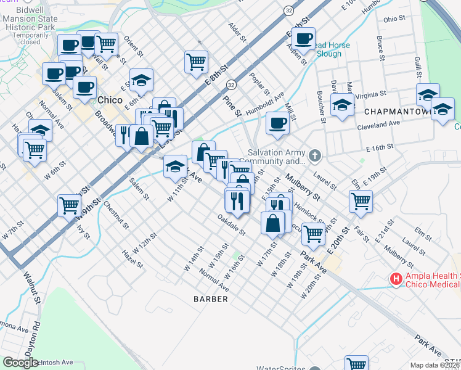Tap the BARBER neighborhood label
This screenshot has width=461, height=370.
211,299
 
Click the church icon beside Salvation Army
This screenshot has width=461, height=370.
315,155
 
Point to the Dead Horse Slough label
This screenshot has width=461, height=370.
329,49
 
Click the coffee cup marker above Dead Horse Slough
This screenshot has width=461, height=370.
303,39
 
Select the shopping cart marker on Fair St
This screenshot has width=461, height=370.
361,200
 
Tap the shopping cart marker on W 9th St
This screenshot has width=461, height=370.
70,205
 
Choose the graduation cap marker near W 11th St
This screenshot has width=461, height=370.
176,165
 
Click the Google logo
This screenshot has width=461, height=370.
20,363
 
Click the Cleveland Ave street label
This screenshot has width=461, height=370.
378,125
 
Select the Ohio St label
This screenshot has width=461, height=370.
390,19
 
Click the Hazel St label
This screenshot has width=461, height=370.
133,258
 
